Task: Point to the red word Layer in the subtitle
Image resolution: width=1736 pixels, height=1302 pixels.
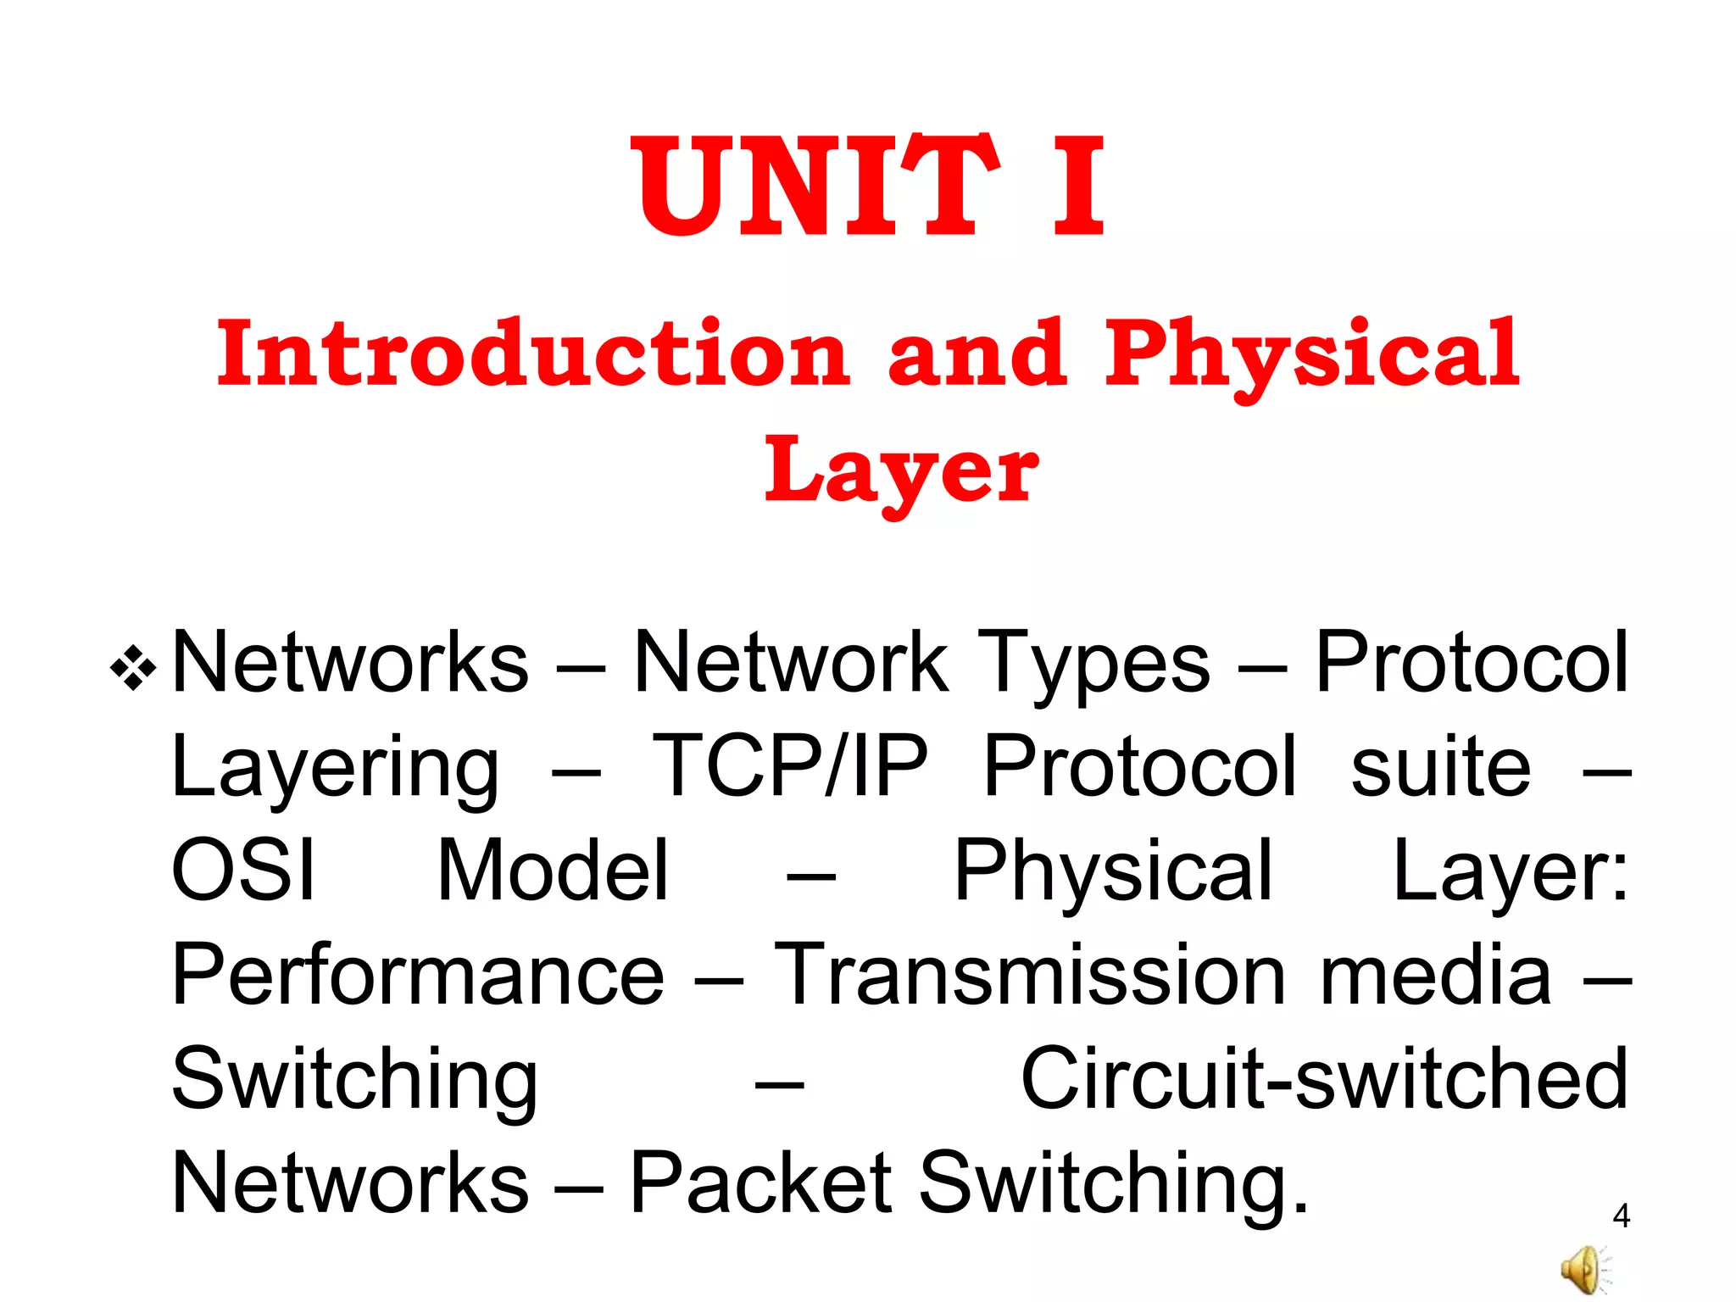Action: click(901, 471)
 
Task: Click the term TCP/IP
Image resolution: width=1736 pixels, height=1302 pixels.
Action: click(790, 767)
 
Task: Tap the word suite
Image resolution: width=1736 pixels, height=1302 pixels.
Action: click(1440, 767)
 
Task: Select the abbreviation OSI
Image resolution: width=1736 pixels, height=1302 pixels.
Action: click(244, 871)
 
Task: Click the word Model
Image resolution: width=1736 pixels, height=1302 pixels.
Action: click(554, 871)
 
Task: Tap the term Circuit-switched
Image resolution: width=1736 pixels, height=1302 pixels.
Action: click(1324, 1078)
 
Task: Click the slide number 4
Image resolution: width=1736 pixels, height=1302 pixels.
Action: click(1621, 1216)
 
